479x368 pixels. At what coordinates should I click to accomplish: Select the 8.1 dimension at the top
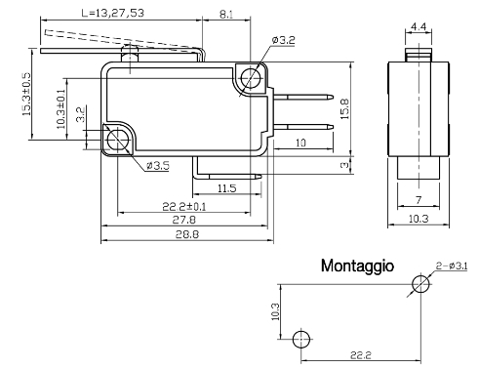point(225,13)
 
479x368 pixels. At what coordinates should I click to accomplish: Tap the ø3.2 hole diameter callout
point(285,40)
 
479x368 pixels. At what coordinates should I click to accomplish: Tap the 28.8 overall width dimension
point(183,236)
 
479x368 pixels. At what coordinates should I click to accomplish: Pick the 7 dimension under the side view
point(417,199)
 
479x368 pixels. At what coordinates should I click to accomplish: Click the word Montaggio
point(357,265)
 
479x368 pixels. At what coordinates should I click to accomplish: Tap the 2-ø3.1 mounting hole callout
point(454,266)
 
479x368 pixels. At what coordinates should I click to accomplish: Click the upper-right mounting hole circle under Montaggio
point(420,284)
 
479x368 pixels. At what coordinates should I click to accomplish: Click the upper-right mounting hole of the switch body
point(253,77)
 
